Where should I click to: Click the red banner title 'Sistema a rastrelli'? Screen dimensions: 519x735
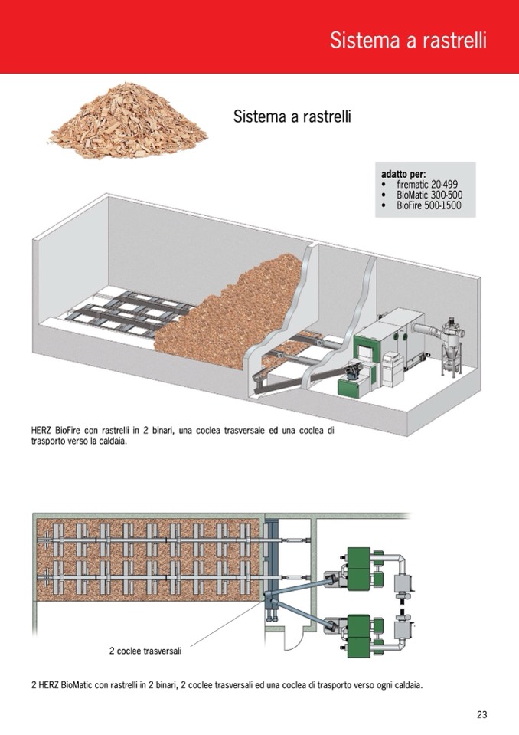click(408, 41)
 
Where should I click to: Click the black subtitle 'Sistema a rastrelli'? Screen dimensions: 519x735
click(292, 116)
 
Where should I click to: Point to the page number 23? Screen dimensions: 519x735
click(482, 714)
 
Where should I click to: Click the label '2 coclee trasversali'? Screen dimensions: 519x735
click(145, 651)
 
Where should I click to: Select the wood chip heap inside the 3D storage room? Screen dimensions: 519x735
click(230, 314)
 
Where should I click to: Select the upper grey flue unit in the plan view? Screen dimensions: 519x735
click(403, 583)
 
